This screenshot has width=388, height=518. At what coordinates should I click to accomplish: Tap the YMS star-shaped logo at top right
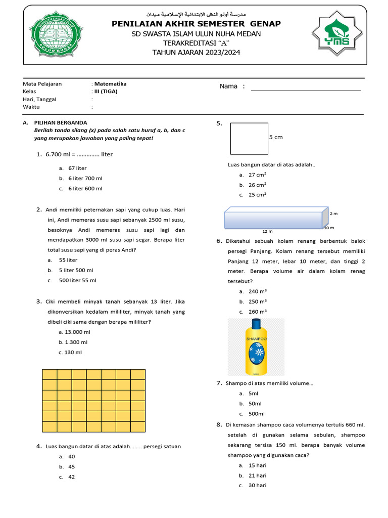pos(337,35)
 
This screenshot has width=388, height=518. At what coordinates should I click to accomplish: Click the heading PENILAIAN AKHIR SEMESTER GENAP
pos(196,24)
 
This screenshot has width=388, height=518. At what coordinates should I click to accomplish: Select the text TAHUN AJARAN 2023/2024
pos(196,52)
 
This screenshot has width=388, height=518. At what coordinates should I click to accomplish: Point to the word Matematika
pos(111,84)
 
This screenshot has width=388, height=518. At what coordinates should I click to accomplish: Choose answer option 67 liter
pos(77,168)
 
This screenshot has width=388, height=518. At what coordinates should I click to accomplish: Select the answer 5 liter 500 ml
pos(76,270)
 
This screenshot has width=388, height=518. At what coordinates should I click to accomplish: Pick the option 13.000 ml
pos(74,332)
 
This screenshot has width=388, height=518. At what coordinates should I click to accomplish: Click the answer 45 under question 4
pos(71,467)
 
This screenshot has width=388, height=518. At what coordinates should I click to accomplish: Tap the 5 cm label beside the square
pos(276,137)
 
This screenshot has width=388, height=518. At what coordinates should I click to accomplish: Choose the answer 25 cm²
pos(257,194)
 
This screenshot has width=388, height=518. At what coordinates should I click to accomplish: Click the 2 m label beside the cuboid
pos(333,213)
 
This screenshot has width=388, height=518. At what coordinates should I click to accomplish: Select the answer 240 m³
pos(258,291)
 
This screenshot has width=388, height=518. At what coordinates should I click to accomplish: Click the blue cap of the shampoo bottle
pos(256,324)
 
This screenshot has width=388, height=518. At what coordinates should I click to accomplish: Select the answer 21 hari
pos(257,476)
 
